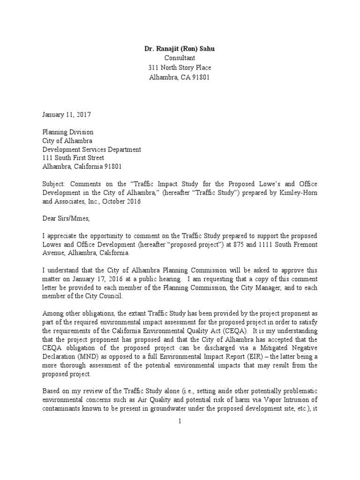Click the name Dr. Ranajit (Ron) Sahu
[180, 48]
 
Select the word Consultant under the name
[180, 58]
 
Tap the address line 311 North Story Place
[180, 67]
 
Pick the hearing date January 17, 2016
[91, 280]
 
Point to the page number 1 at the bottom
[180, 421]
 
